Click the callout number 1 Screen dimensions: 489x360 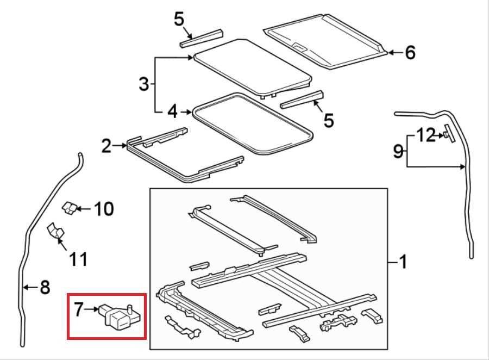403,262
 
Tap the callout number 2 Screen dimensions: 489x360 106,146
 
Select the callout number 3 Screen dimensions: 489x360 144,84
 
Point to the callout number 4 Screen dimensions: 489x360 172,111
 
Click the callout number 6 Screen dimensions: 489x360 410,52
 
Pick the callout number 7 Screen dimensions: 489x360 78,309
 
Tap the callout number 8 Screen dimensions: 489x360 45,287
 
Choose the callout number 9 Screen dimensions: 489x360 398,151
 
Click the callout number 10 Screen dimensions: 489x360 104,209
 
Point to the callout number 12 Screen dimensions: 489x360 425,135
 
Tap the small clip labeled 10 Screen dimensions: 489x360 70,207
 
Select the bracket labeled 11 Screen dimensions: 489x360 55,231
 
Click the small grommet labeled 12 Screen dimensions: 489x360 446,135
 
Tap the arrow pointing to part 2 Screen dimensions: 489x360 120,146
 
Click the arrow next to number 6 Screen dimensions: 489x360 396,52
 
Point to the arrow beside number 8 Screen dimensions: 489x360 31,287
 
